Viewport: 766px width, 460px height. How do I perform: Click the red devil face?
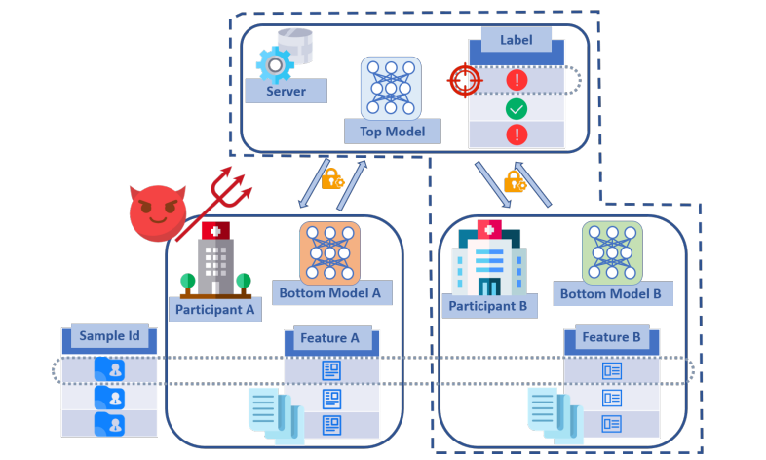tap(158, 212)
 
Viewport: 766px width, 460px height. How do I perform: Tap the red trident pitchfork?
tap(215, 202)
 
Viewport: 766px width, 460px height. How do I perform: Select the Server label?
tap(286, 91)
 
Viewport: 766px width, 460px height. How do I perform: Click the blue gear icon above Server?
tap(275, 65)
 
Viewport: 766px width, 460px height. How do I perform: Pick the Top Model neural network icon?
tap(391, 89)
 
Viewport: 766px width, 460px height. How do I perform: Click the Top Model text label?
tap(393, 132)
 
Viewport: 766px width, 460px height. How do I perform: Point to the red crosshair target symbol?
tap(465, 80)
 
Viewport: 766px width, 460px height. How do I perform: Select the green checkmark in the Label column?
tap(517, 109)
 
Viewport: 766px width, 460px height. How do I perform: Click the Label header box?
tap(517, 40)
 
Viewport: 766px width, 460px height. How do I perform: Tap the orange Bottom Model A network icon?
tap(329, 253)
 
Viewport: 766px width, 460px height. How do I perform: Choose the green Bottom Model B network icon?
tap(612, 253)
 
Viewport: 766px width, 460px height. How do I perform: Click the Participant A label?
tap(215, 310)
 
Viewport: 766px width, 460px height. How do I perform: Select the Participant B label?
tap(488, 306)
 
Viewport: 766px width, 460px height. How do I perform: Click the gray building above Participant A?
tap(215, 260)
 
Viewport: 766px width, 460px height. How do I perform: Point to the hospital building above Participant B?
tap(489, 258)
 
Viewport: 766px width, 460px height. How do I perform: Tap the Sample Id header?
tap(109, 335)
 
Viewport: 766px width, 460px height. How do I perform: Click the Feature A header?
tap(329, 338)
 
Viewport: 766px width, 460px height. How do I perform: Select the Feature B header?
tap(611, 337)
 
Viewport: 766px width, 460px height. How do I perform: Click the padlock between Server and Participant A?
tap(332, 179)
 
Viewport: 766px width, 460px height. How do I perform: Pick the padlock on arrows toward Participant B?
tap(515, 181)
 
